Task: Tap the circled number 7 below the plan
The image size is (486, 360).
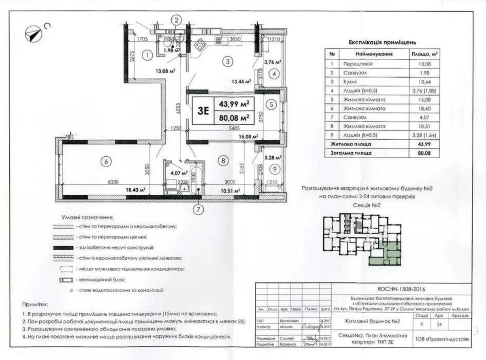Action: click(198, 209)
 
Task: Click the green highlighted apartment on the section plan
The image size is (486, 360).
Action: click(385, 255)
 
